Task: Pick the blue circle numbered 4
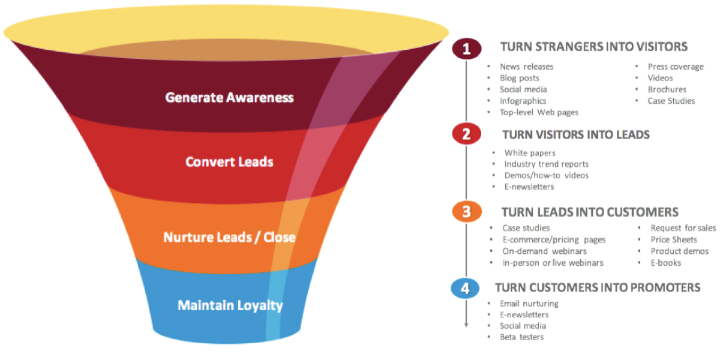465,289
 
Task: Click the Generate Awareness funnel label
230,97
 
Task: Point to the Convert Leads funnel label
229,162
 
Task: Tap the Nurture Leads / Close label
230,238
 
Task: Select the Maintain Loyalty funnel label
230,305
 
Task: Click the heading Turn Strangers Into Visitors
594,47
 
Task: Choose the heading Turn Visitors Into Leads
576,134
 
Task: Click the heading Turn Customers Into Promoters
598,288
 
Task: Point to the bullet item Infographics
523,101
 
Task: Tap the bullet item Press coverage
676,67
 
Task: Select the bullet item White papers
530,153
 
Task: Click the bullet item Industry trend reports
547,164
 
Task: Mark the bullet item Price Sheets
674,239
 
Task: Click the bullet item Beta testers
522,337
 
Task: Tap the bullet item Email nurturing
529,304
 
